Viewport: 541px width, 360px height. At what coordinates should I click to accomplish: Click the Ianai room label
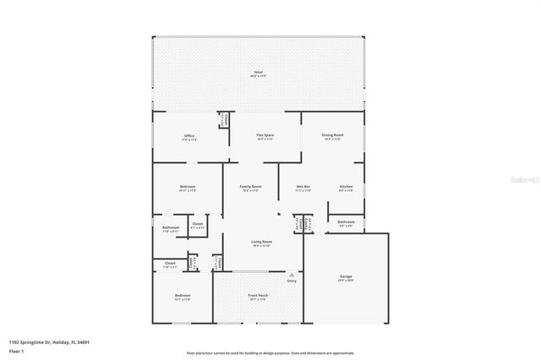pos(259,74)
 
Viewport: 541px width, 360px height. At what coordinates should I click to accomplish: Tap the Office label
pos(189,136)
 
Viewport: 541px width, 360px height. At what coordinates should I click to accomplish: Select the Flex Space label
pos(265,135)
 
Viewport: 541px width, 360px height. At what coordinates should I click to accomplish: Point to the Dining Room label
pos(331,135)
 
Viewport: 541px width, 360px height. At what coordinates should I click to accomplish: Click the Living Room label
pos(260,242)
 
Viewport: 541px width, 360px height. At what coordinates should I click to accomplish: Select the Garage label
pos(346,276)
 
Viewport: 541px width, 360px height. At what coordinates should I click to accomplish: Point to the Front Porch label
pos(257,296)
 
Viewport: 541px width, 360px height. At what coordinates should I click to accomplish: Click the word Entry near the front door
pos(292,281)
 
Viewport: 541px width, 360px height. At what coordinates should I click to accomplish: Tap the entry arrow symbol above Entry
pos(292,274)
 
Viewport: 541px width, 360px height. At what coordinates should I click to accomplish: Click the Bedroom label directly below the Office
pos(188,187)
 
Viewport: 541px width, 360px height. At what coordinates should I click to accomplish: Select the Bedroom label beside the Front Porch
pos(182,296)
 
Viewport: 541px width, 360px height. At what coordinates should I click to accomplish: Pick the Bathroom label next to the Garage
pos(347,222)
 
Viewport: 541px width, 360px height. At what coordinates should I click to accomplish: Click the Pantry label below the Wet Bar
pos(298,224)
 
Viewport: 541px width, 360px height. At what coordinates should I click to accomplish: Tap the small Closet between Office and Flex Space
pos(223,121)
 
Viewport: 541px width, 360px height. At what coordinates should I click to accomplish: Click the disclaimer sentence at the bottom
pos(270,352)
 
